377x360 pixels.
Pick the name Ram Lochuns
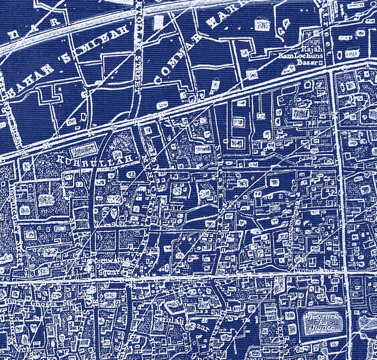tap(304, 56)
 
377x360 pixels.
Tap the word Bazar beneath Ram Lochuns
tap(303, 62)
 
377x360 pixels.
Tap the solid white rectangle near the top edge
tap(158, 21)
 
